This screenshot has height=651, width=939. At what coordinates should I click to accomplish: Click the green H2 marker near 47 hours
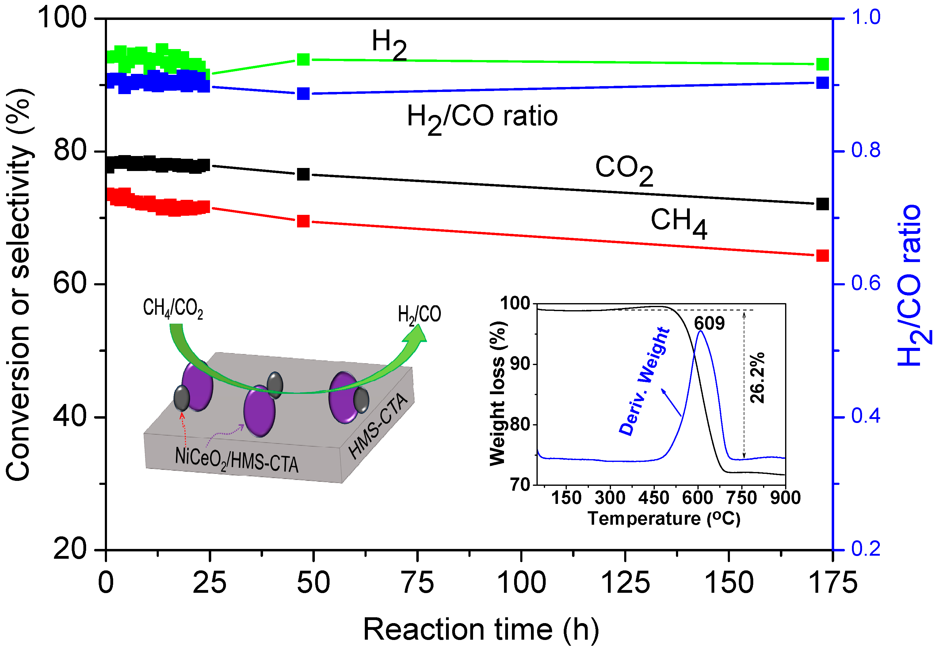[303, 59]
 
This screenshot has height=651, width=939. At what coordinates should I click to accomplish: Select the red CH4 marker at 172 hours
[822, 256]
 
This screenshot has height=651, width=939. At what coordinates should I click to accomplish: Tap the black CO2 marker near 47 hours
[303, 174]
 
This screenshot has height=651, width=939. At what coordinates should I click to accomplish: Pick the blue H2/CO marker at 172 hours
[822, 83]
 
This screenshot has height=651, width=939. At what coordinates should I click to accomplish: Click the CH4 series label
[678, 222]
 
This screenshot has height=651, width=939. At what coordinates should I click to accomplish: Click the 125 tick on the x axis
[625, 582]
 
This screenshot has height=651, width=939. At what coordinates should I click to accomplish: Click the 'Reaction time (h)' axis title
[481, 629]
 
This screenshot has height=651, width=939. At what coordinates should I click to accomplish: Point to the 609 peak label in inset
[709, 323]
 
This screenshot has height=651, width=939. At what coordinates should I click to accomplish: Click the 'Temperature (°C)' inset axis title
[664, 518]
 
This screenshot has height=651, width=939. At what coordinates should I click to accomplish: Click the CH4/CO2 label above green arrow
[173, 308]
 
